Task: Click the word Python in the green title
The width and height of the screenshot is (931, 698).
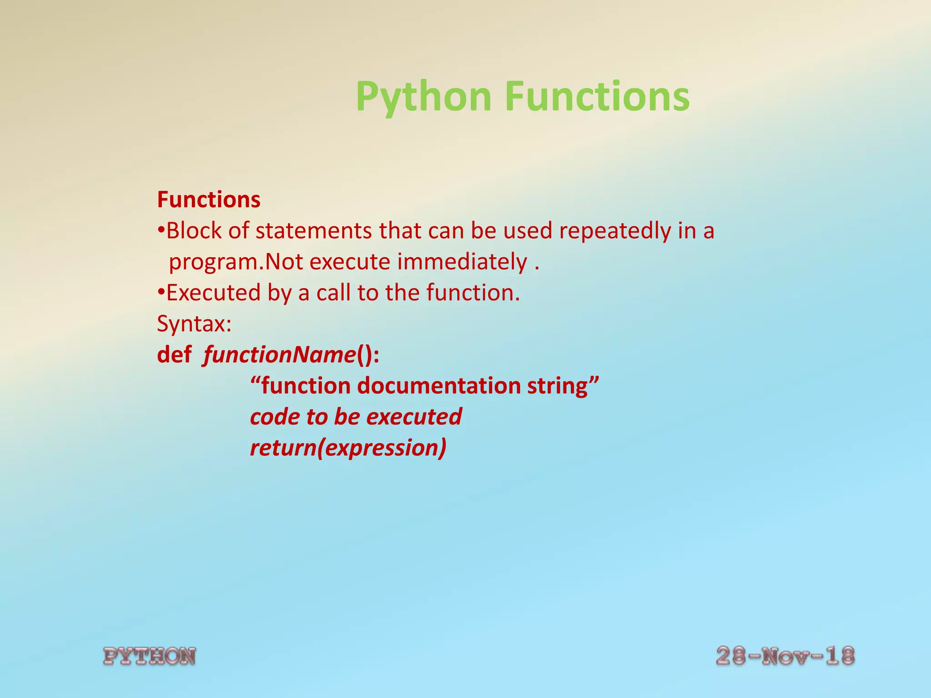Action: click(423, 97)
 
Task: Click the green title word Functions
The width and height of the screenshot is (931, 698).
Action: click(597, 97)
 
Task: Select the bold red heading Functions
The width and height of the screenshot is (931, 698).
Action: click(209, 200)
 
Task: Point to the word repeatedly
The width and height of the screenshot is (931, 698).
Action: click(615, 231)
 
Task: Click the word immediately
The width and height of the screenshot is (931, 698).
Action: click(462, 262)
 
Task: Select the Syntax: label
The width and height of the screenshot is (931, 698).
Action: click(194, 324)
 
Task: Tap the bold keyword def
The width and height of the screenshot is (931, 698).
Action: click(174, 355)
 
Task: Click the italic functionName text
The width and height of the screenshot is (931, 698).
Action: click(279, 355)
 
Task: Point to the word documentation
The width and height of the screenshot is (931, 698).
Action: click(439, 386)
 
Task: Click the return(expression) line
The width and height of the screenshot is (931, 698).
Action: click(348, 448)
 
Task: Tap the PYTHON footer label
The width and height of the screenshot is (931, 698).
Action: click(150, 657)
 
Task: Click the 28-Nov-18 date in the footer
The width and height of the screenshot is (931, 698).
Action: click(785, 656)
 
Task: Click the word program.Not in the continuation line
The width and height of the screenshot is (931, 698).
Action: click(235, 262)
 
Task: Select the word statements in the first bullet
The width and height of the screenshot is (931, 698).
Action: click(314, 231)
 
